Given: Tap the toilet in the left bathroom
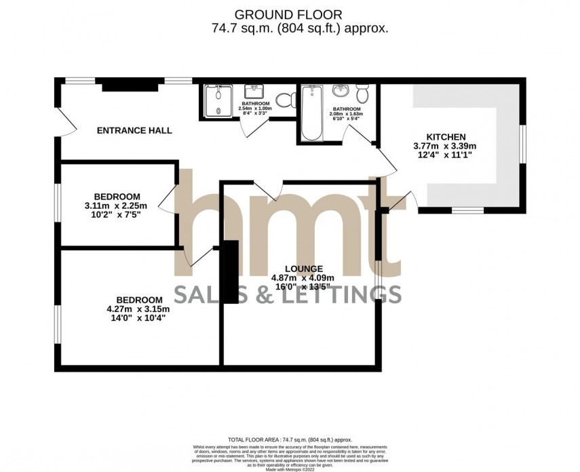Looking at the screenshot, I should coord(288,100).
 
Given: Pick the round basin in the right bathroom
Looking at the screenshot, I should coord(339,91).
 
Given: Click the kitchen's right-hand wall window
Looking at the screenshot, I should coord(523,143).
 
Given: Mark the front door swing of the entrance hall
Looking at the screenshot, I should coord(62,123).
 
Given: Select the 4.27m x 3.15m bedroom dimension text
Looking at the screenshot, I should coord(139,309).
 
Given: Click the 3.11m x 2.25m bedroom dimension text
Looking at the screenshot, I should coord(117,205).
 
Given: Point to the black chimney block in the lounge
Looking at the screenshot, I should coord(232,271).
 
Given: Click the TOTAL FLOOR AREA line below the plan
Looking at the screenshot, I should coord(290,440).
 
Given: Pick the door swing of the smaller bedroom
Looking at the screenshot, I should coord(166,199).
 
